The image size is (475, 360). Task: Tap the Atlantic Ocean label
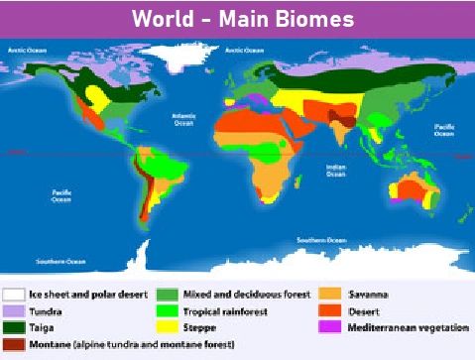pos(183,119)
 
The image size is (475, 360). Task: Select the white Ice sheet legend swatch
pos(13,295)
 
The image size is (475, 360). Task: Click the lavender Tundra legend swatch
pos(13,311)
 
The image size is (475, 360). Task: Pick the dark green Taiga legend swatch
pos(13,328)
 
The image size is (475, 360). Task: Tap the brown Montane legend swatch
pos(13,345)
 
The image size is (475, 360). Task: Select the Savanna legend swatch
pos(331,295)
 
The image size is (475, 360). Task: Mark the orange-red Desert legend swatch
pos(331,311)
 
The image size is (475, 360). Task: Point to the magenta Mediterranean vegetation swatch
pos(331,328)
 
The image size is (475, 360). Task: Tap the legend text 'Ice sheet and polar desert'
pos(88,295)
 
